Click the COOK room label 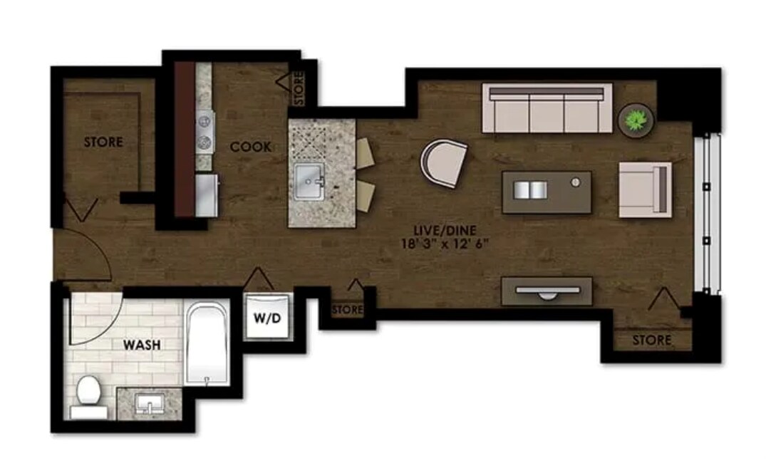tap(251, 147)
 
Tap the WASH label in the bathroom tap(142, 345)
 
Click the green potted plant tap(636, 119)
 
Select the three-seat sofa tap(547, 108)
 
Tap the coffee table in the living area tap(546, 192)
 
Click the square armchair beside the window tap(644, 189)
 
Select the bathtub tap(207, 343)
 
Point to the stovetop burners tap(205, 131)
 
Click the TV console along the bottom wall tap(546, 291)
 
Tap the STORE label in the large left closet tap(103, 142)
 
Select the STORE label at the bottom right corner tap(652, 340)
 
